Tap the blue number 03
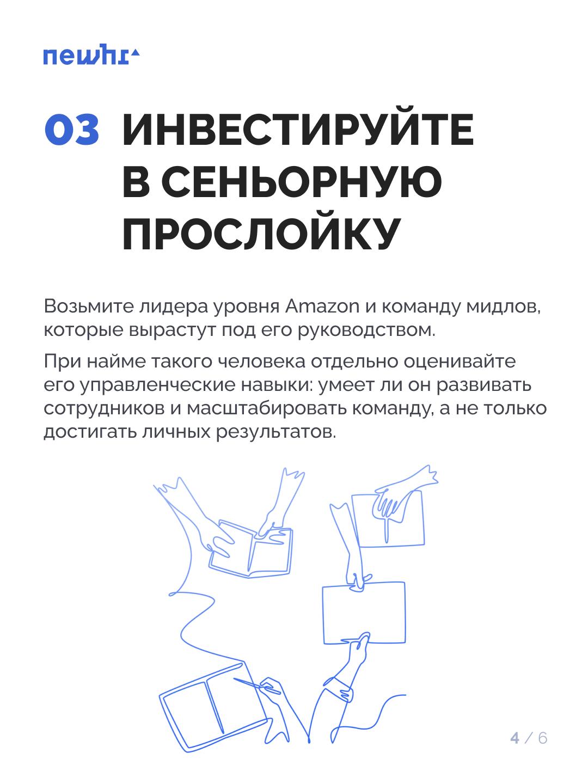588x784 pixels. pyautogui.click(x=72, y=129)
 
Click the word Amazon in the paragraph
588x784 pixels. pyautogui.click(x=322, y=307)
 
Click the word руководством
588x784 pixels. pyautogui.click(x=366, y=330)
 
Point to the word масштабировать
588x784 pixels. pyautogui.click(x=267, y=409)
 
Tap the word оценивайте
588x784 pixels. pyautogui.click(x=460, y=362)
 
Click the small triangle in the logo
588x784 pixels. pyautogui.click(x=136, y=53)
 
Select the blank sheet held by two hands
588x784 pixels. pyautogui.click(x=364, y=613)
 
